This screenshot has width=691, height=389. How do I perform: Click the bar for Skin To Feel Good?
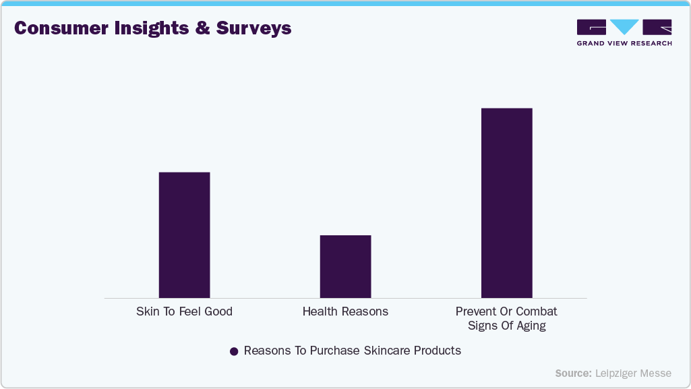pos(184,235)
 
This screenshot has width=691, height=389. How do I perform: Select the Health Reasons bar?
pos(345,266)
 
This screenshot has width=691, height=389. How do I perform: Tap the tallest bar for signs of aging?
pos(506,202)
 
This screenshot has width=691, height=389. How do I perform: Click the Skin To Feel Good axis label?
pos(184,311)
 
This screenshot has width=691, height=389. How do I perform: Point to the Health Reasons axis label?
pos(345,311)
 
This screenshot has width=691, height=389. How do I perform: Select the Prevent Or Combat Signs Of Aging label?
pos(506,318)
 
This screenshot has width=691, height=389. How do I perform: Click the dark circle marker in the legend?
pos(234,351)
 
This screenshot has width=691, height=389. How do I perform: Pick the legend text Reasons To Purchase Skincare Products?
pos(352,351)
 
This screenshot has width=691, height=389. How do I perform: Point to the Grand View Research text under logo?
pos(624,43)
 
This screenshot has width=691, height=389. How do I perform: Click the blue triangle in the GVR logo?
pos(625,27)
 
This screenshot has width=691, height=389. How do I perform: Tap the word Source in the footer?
pos(573,373)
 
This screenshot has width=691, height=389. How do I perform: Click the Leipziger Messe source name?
pos(633,373)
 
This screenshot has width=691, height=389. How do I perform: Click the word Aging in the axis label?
pos(530,326)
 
